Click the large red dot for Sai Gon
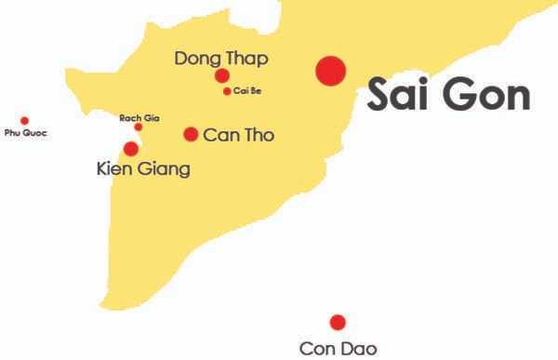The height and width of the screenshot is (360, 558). click(x=330, y=71)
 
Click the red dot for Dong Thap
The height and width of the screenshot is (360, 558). click(x=222, y=75)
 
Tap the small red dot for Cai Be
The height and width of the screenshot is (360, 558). click(x=227, y=91)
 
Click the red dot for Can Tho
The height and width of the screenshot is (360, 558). click(x=191, y=134)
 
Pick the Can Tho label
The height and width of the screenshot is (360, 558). click(x=238, y=135)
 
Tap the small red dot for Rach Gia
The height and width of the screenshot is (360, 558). click(x=139, y=127)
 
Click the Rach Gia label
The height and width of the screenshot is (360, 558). click(x=139, y=118)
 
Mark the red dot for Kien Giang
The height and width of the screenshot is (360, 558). click(x=131, y=149)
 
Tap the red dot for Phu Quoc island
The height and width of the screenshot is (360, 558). click(x=25, y=121)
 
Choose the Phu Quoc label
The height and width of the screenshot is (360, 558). click(x=25, y=133)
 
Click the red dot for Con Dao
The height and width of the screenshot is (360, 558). click(x=338, y=322)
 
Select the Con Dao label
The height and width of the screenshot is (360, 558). click(x=339, y=349)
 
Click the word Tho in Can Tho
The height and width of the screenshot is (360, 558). click(x=259, y=135)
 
